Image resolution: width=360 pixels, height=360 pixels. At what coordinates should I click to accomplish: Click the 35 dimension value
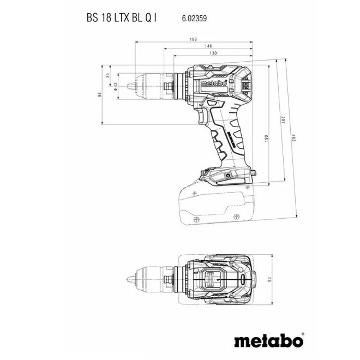point(108,75)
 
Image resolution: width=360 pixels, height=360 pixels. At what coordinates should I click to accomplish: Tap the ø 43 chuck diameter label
point(115,87)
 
